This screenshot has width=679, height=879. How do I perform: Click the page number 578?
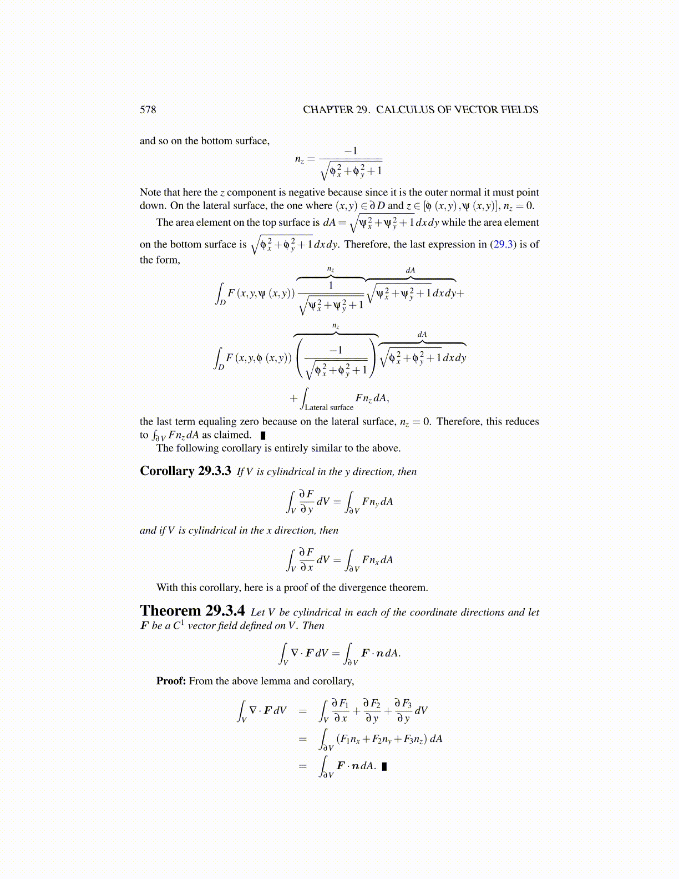148,110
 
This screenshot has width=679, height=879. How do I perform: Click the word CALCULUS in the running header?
405,110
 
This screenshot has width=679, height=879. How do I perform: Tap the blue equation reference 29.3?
503,245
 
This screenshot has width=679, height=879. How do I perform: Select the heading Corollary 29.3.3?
185,471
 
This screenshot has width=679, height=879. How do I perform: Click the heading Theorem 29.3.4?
192,611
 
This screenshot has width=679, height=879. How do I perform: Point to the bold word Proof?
171,681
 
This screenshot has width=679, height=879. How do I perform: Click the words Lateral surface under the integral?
329,407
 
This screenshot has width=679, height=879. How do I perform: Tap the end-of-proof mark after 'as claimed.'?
263,436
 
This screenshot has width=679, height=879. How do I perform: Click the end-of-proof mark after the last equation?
384,766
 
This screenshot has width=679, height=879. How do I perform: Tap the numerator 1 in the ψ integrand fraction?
331,285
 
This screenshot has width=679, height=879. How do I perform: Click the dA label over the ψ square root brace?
411,270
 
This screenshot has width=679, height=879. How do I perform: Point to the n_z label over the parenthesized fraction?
336,326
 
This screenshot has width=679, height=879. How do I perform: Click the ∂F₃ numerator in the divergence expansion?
403,704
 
